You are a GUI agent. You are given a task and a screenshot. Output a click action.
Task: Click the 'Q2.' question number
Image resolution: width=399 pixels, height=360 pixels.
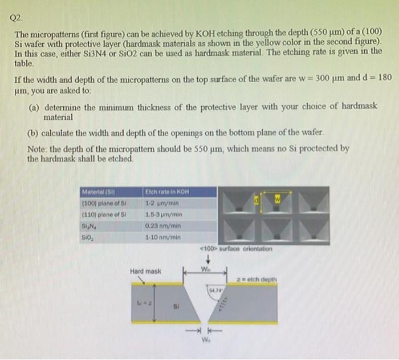pos(18,17)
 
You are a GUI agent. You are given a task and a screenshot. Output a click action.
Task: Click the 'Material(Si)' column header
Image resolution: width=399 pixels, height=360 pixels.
pos(97,192)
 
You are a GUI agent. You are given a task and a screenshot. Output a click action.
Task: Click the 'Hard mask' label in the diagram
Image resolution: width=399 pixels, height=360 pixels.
pos(146,271)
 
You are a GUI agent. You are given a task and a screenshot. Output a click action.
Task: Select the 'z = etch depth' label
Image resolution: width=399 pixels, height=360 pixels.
pos(258,279)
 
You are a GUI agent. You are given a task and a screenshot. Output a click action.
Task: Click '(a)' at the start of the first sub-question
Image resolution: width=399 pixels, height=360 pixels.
pos(33,107)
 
